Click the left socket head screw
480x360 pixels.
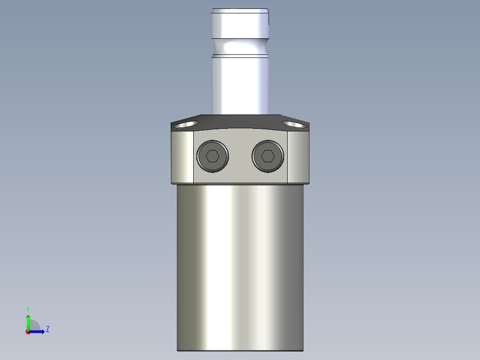pyautogui.click(x=212, y=156)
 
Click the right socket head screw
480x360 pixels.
pyautogui.click(x=267, y=156)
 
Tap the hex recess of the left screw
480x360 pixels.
pyautogui.click(x=212, y=156)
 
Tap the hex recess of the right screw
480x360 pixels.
pyautogui.click(x=267, y=156)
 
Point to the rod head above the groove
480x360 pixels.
pyautogui.click(x=240, y=25)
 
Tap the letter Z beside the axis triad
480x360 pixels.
pyautogui.click(x=47, y=330)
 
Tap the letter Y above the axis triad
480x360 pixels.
pyautogui.click(x=28, y=310)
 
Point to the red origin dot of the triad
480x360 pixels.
pyautogui.click(x=28, y=332)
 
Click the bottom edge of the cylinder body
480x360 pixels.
pyautogui.click(x=240, y=350)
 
